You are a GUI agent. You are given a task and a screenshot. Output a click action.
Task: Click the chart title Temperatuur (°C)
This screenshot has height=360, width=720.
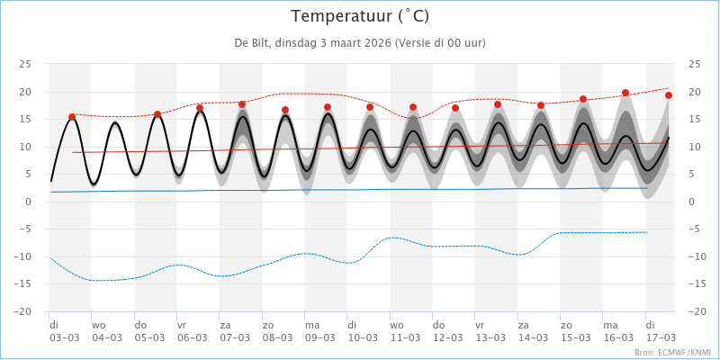point(360,16)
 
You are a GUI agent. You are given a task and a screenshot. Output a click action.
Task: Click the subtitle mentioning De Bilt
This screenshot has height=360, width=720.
point(360,43)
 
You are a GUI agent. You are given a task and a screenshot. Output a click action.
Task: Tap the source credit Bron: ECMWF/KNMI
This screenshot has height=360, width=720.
point(672,353)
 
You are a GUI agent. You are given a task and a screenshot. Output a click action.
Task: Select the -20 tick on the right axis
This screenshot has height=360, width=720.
point(694,311)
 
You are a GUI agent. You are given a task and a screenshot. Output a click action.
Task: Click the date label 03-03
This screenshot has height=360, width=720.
point(64,338)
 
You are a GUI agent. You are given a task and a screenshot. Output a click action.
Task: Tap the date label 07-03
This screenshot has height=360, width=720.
point(234,338)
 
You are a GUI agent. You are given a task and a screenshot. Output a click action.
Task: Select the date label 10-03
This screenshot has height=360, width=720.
point(362,338)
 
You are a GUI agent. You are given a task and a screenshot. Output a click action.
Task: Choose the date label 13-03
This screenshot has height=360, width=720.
point(490,338)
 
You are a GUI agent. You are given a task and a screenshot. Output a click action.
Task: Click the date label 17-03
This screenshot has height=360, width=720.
point(660,338)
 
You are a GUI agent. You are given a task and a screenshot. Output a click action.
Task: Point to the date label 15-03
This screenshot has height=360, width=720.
point(575,338)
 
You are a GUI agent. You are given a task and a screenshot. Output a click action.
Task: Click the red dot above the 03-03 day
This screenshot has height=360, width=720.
point(72,117)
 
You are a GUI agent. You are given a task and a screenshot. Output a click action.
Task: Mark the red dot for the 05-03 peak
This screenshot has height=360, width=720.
point(157,114)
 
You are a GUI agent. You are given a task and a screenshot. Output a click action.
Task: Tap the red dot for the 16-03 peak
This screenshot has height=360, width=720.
point(625,93)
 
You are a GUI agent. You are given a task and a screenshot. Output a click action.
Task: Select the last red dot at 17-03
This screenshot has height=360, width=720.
point(669,95)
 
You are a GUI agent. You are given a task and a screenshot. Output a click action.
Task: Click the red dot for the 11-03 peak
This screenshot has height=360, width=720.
point(413,107)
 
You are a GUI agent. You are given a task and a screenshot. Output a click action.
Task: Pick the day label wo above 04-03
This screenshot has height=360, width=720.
point(98,325)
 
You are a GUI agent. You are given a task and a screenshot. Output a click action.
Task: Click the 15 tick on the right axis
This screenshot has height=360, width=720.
point(694,119)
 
